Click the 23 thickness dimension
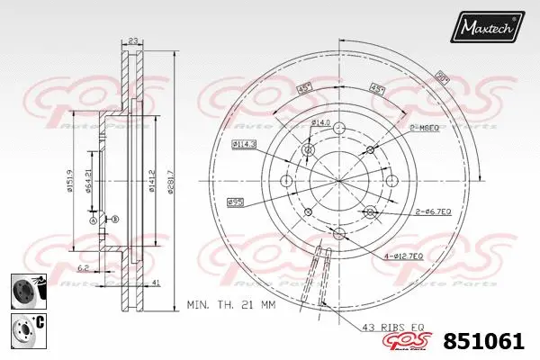tap(133, 40)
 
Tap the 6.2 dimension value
tap(82, 267)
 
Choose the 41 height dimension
tap(157, 284)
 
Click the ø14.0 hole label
tap(321, 122)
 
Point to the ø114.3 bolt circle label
tap(244, 144)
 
